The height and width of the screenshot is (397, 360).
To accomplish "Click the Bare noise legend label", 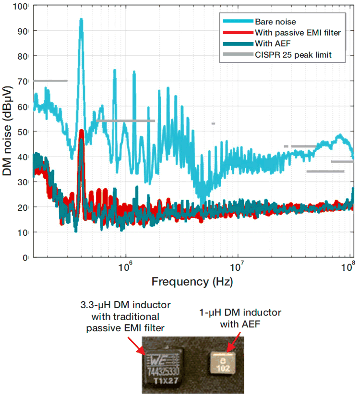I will click(x=275, y=22).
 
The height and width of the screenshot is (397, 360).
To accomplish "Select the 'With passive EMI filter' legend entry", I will click(x=298, y=33).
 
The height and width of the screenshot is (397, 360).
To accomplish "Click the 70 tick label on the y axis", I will click(x=24, y=81).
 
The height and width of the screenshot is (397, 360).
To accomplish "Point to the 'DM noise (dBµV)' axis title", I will click(x=8, y=132).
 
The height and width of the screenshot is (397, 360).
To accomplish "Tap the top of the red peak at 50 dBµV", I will click(x=82, y=131).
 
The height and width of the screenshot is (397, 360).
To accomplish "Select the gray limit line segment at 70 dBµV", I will click(x=50, y=81).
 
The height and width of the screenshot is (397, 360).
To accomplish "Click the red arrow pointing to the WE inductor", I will click(x=135, y=344).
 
